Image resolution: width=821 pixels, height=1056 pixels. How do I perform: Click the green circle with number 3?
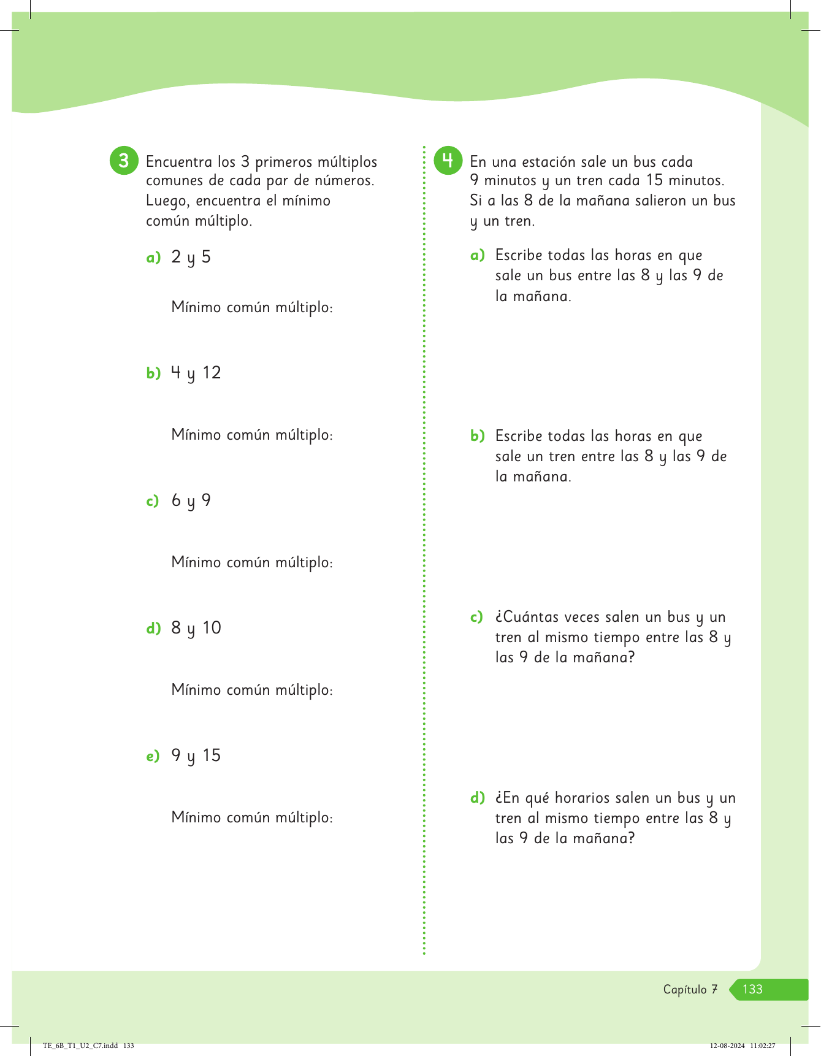point(124,161)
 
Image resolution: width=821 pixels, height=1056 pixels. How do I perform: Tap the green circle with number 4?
point(448,161)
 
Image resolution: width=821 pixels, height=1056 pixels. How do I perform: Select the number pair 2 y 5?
point(191,257)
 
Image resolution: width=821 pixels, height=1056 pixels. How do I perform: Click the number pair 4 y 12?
point(196,373)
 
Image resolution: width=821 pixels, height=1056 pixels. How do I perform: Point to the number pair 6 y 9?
point(191,500)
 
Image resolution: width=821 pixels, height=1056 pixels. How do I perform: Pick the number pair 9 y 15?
point(196,756)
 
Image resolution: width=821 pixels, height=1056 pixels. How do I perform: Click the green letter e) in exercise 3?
point(153,756)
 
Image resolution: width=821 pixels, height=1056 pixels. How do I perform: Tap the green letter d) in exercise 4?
point(477,798)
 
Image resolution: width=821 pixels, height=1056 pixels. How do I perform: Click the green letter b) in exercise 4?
point(477,436)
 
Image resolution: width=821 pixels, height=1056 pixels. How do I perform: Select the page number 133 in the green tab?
point(752,989)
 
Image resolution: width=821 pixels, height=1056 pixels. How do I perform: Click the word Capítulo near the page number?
point(685,989)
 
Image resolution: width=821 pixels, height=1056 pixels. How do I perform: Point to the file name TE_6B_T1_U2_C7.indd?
point(80,1046)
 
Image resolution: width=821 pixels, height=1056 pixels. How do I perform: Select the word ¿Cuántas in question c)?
point(527,617)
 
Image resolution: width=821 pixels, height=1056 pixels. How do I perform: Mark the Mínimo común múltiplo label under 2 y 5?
point(252,307)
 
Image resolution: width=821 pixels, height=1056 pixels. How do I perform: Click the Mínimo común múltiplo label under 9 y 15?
point(252,817)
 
